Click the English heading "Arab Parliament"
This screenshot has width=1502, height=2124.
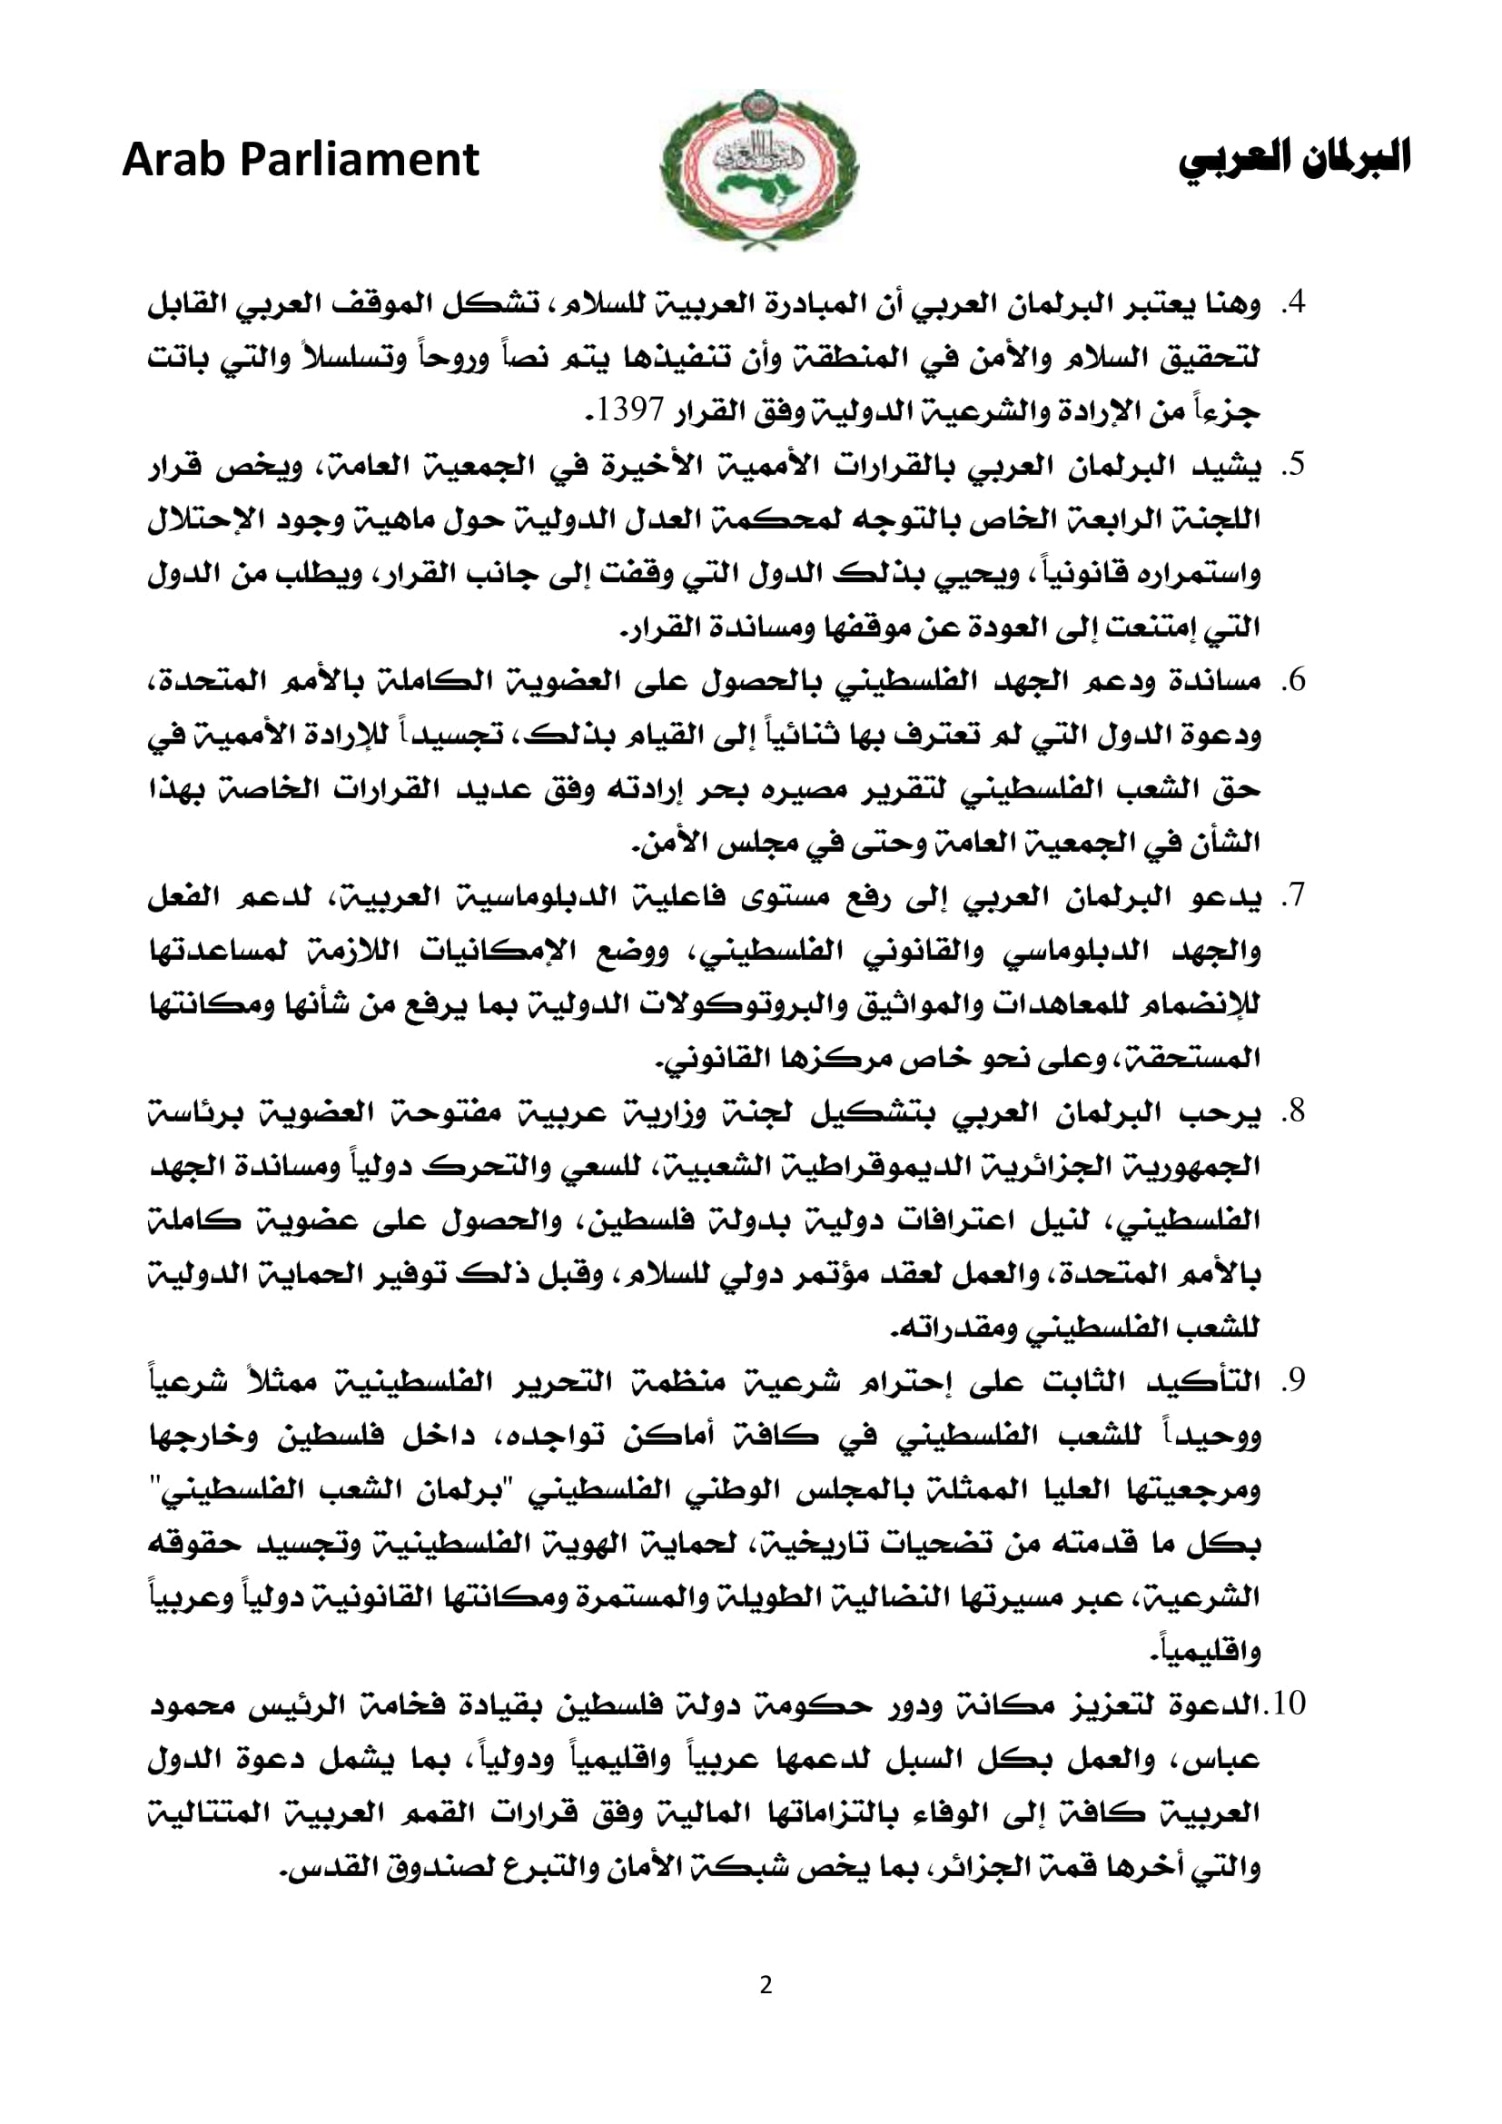(301, 160)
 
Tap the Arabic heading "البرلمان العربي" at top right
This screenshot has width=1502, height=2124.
(1294, 158)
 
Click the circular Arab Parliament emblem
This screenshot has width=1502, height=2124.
(758, 167)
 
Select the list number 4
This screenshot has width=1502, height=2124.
(1295, 303)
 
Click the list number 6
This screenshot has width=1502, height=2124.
(1295, 682)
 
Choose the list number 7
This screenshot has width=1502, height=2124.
(1295, 896)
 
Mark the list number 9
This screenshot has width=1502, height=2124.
(1295, 1381)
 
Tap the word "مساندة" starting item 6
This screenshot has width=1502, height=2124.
(1218, 682)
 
